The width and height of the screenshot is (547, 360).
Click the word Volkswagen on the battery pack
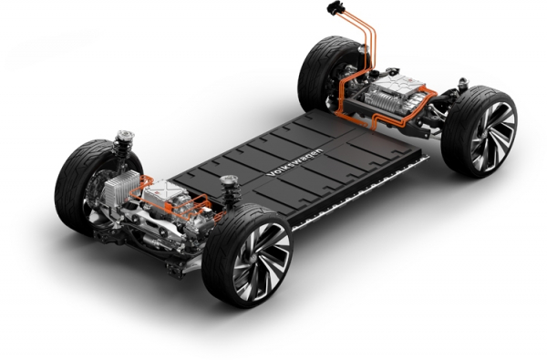[294, 162]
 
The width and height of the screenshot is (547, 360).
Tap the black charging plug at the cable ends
[335, 8]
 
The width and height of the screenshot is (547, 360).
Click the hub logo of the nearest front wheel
[253, 259]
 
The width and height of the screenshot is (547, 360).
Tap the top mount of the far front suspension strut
[125, 136]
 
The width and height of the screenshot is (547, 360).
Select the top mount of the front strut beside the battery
[229, 180]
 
